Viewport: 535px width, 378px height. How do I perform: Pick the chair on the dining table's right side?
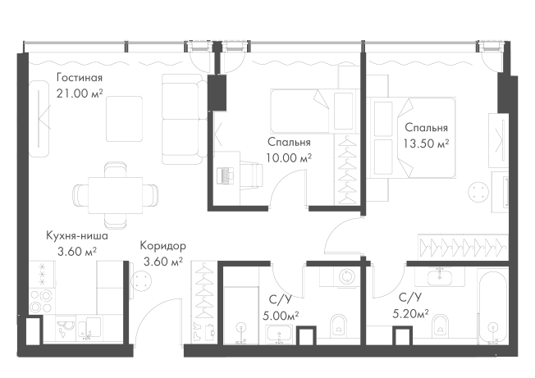154,197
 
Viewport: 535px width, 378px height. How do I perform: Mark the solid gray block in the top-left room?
79,83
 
